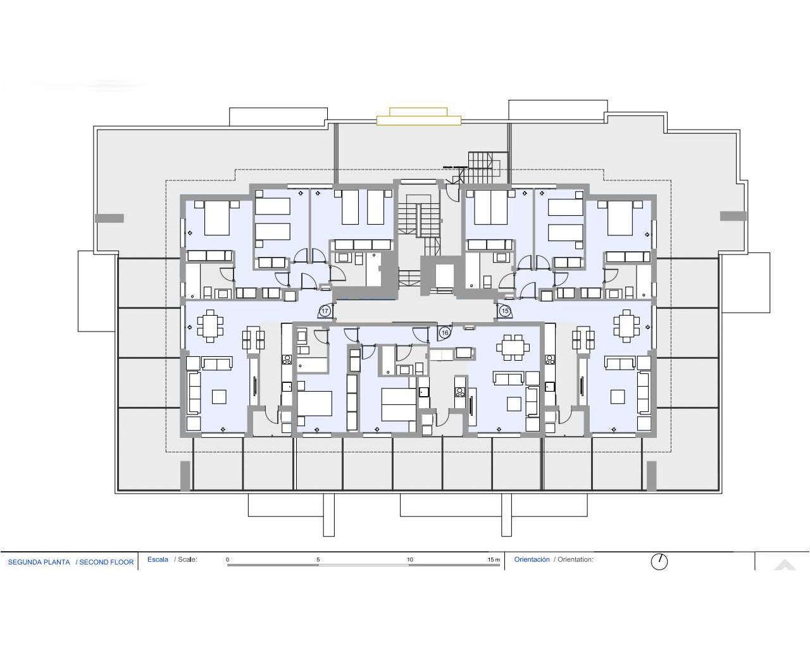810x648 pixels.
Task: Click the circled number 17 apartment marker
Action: point(325,311)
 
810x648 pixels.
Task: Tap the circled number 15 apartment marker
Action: point(505,311)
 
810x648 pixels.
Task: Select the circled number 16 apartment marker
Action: point(445,332)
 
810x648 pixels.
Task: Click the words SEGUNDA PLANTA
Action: point(39,562)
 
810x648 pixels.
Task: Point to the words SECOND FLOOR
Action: point(106,562)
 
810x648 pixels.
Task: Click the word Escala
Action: point(158,559)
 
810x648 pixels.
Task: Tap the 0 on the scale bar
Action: point(228,559)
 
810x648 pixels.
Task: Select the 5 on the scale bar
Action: point(318,559)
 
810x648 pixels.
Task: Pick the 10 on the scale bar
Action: point(410,559)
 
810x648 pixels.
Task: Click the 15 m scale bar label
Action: point(494,559)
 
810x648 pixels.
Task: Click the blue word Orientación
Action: point(532,559)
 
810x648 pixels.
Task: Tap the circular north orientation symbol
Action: point(659,561)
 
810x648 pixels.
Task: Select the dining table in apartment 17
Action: point(210,327)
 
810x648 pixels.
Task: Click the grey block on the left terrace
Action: point(109,218)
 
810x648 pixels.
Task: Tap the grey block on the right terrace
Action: point(733,216)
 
